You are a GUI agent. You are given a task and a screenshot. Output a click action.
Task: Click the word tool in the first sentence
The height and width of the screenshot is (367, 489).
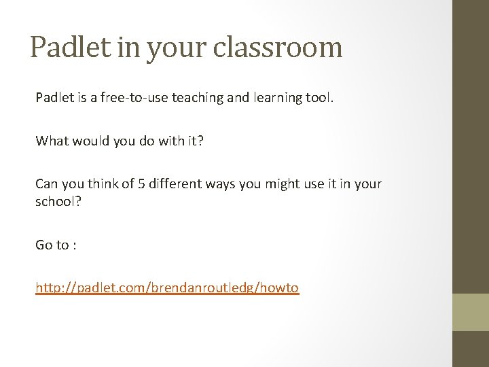click(x=318, y=99)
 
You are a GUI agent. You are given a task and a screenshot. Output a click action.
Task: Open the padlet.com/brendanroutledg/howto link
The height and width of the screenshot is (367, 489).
click(x=167, y=288)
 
